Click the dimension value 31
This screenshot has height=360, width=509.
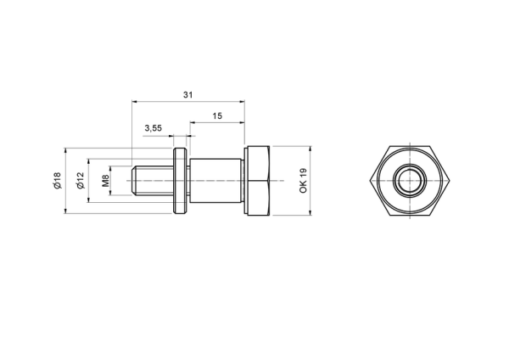point(188,95)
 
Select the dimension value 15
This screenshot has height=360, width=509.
point(217,116)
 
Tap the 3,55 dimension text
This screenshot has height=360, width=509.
point(153,128)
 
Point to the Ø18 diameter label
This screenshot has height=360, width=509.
point(57,181)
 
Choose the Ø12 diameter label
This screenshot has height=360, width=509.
point(81,180)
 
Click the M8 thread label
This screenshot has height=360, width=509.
point(105,181)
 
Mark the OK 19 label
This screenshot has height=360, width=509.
point(303,181)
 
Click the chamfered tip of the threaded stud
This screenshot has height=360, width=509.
point(133,181)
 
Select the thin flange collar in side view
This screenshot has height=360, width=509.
point(180,181)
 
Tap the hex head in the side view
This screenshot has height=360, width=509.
point(257,181)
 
